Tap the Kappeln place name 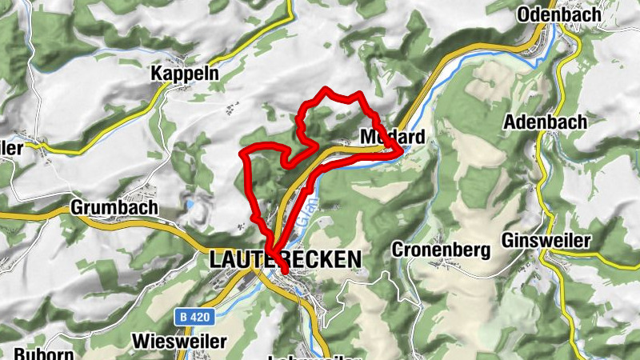(x=185, y=74)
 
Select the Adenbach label (x=545, y=122)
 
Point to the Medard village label (x=392, y=136)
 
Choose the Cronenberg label (x=440, y=250)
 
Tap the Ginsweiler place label (x=546, y=240)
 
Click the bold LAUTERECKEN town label (x=286, y=260)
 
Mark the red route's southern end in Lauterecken (x=284, y=272)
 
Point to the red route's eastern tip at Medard (x=400, y=146)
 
